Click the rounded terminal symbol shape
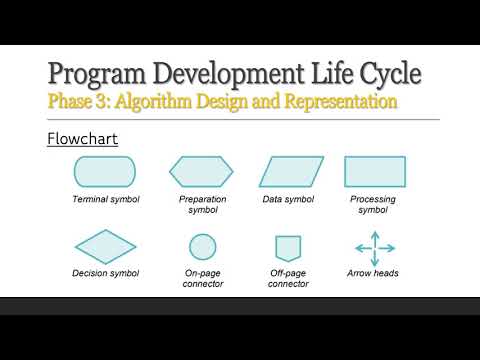pyautogui.click(x=105, y=172)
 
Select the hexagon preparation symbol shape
pyautogui.click(x=202, y=172)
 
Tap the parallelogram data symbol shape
pyautogui.click(x=292, y=172)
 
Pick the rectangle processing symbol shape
pyautogui.click(x=375, y=172)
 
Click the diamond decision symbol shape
pyautogui.click(x=105, y=246)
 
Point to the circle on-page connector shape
pyautogui.click(x=203, y=246)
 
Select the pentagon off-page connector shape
pyautogui.click(x=288, y=247)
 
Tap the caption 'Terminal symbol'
pyautogui.click(x=105, y=199)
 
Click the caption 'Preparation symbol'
pyautogui.click(x=202, y=204)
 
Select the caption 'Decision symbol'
pyautogui.click(x=105, y=273)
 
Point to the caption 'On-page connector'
pyautogui.click(x=203, y=278)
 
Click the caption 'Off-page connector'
pyautogui.click(x=288, y=278)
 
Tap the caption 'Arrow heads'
pyautogui.click(x=374, y=273)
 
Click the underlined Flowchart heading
pyautogui.click(x=83, y=138)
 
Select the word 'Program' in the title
pyautogui.click(x=100, y=75)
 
